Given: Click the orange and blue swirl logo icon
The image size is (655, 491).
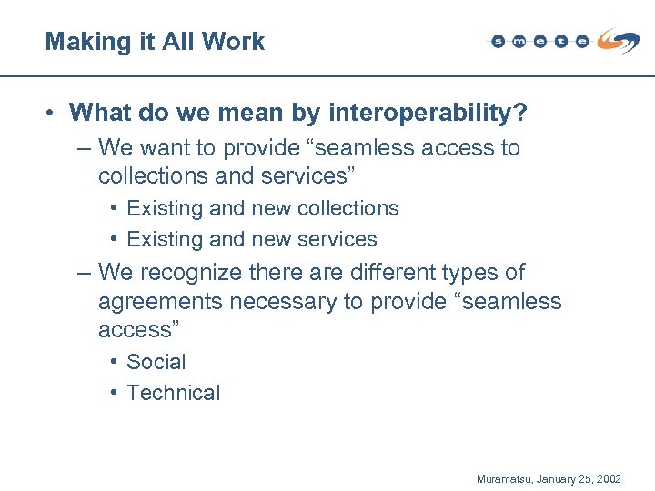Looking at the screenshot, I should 619,40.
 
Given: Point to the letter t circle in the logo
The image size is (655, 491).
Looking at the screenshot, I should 561,41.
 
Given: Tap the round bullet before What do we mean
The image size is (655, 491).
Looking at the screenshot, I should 54,114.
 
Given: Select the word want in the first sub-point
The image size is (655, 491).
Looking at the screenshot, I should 167,147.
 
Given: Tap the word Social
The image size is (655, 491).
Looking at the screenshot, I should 156,362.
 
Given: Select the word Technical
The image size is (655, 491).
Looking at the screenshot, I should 174,393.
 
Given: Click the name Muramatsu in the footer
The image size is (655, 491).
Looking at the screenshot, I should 504,477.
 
